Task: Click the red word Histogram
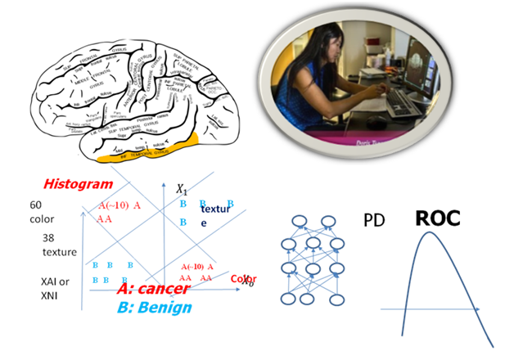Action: [x=78, y=184]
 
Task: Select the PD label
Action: [x=373, y=220]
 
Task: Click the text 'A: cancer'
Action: [x=153, y=289]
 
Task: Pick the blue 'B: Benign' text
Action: [x=154, y=308]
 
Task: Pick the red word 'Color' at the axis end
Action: [x=243, y=279]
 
